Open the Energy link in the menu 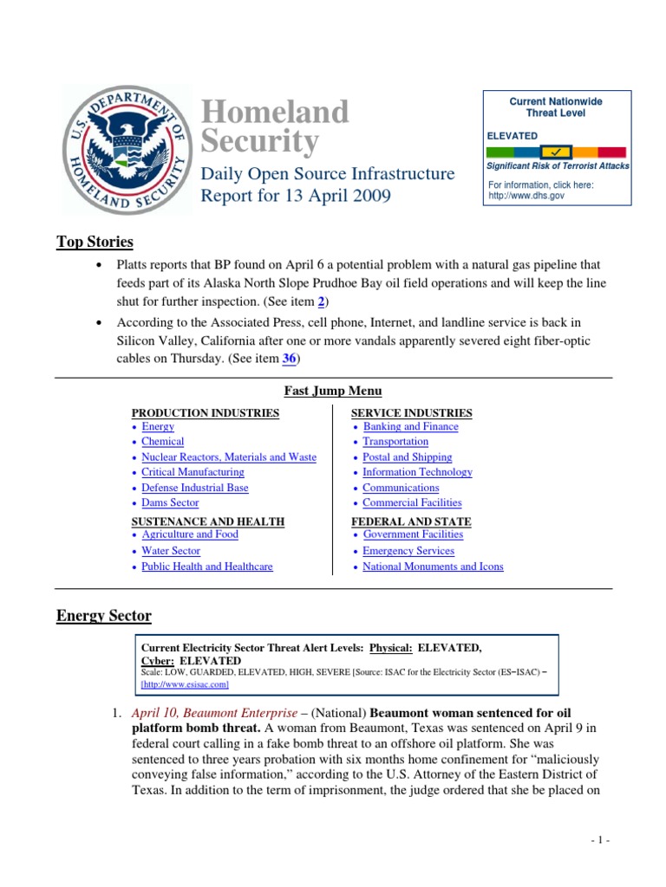point(158,426)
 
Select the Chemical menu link point(163,442)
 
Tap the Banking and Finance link point(410,426)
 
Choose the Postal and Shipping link point(407,456)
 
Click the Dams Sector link point(170,502)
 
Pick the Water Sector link point(171,551)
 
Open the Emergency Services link point(408,551)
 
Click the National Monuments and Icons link point(433,567)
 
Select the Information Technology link point(417,472)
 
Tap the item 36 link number point(289,359)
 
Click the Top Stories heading point(95,242)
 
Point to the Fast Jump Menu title point(333,392)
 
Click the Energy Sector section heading point(104,616)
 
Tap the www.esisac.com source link point(185,684)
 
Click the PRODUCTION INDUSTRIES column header point(206,413)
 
